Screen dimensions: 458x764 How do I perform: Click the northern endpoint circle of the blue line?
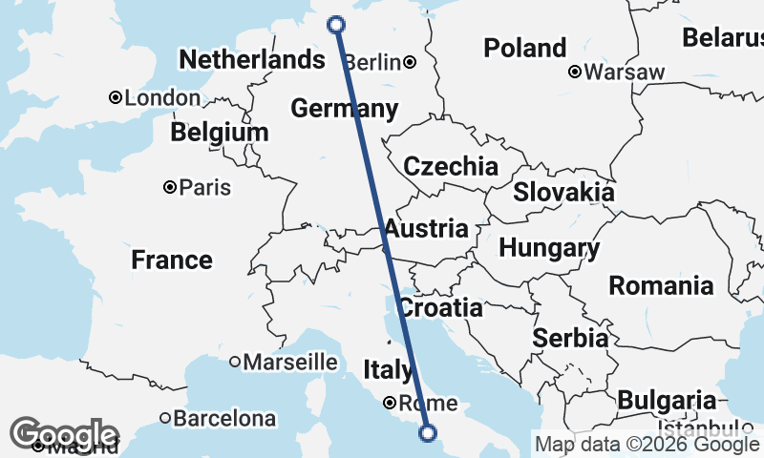point(336,25)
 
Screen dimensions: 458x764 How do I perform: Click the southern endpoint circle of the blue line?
point(428,433)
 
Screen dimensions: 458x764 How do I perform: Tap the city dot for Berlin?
point(410,63)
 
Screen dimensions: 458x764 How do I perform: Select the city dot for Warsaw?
point(575,72)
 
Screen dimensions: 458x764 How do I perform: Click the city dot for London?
point(115,97)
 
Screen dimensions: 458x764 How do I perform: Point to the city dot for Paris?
point(169,187)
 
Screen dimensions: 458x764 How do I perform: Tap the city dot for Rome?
point(391,402)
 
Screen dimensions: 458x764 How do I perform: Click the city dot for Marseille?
point(234,362)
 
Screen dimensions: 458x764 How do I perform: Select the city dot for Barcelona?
point(165,418)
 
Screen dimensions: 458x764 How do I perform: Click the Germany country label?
point(344,109)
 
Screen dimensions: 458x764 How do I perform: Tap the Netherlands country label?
point(252,60)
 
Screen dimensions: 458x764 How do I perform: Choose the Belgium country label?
point(219,133)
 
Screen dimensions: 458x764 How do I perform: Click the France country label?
point(172,260)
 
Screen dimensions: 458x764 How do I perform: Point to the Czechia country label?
point(451,167)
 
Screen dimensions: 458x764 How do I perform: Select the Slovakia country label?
point(563,192)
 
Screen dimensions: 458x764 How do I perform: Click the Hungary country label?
point(549,249)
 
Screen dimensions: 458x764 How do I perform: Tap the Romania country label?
point(661,284)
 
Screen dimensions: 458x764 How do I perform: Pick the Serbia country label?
point(570,338)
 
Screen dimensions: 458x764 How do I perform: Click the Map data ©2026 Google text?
point(647,444)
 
